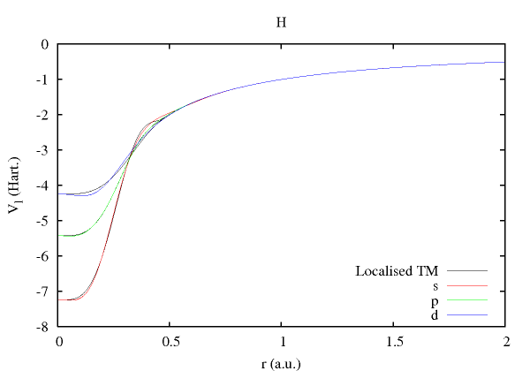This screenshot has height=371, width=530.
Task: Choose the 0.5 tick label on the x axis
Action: click(170, 342)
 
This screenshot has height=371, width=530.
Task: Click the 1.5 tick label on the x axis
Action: click(394, 342)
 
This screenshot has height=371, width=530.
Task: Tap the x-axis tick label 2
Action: click(505, 342)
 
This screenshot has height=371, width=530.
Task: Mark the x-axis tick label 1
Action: click(282, 342)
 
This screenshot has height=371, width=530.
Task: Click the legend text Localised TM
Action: click(397, 270)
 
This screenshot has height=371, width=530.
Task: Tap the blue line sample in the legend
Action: click(467, 314)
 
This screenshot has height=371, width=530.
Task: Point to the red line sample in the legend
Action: click(467, 285)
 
